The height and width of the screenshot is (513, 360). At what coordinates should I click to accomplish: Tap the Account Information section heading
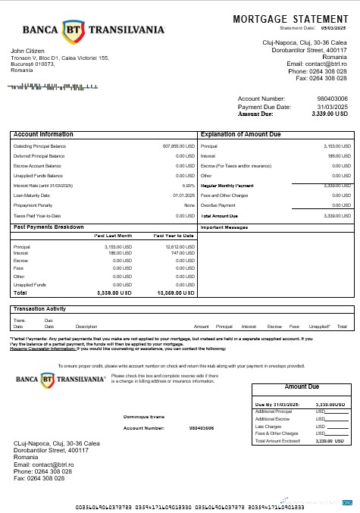(44, 134)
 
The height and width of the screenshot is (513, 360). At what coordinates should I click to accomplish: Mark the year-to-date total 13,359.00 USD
(175, 292)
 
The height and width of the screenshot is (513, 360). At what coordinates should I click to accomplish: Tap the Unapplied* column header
(319, 326)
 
